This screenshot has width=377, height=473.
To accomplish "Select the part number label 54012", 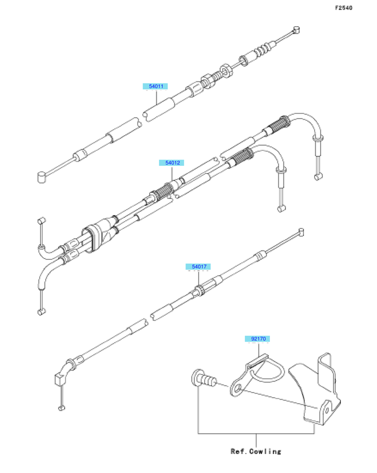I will [x=171, y=163].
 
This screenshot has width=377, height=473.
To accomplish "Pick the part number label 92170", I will [x=257, y=339].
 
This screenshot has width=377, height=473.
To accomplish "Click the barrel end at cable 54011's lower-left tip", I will [x=42, y=176].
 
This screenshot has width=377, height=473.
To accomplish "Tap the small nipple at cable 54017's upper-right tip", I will [x=301, y=232].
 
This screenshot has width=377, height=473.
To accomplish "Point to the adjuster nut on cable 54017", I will [x=199, y=290].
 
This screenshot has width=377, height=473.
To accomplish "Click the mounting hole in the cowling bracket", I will [x=329, y=409].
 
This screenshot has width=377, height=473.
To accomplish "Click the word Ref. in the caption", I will [x=238, y=451].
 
